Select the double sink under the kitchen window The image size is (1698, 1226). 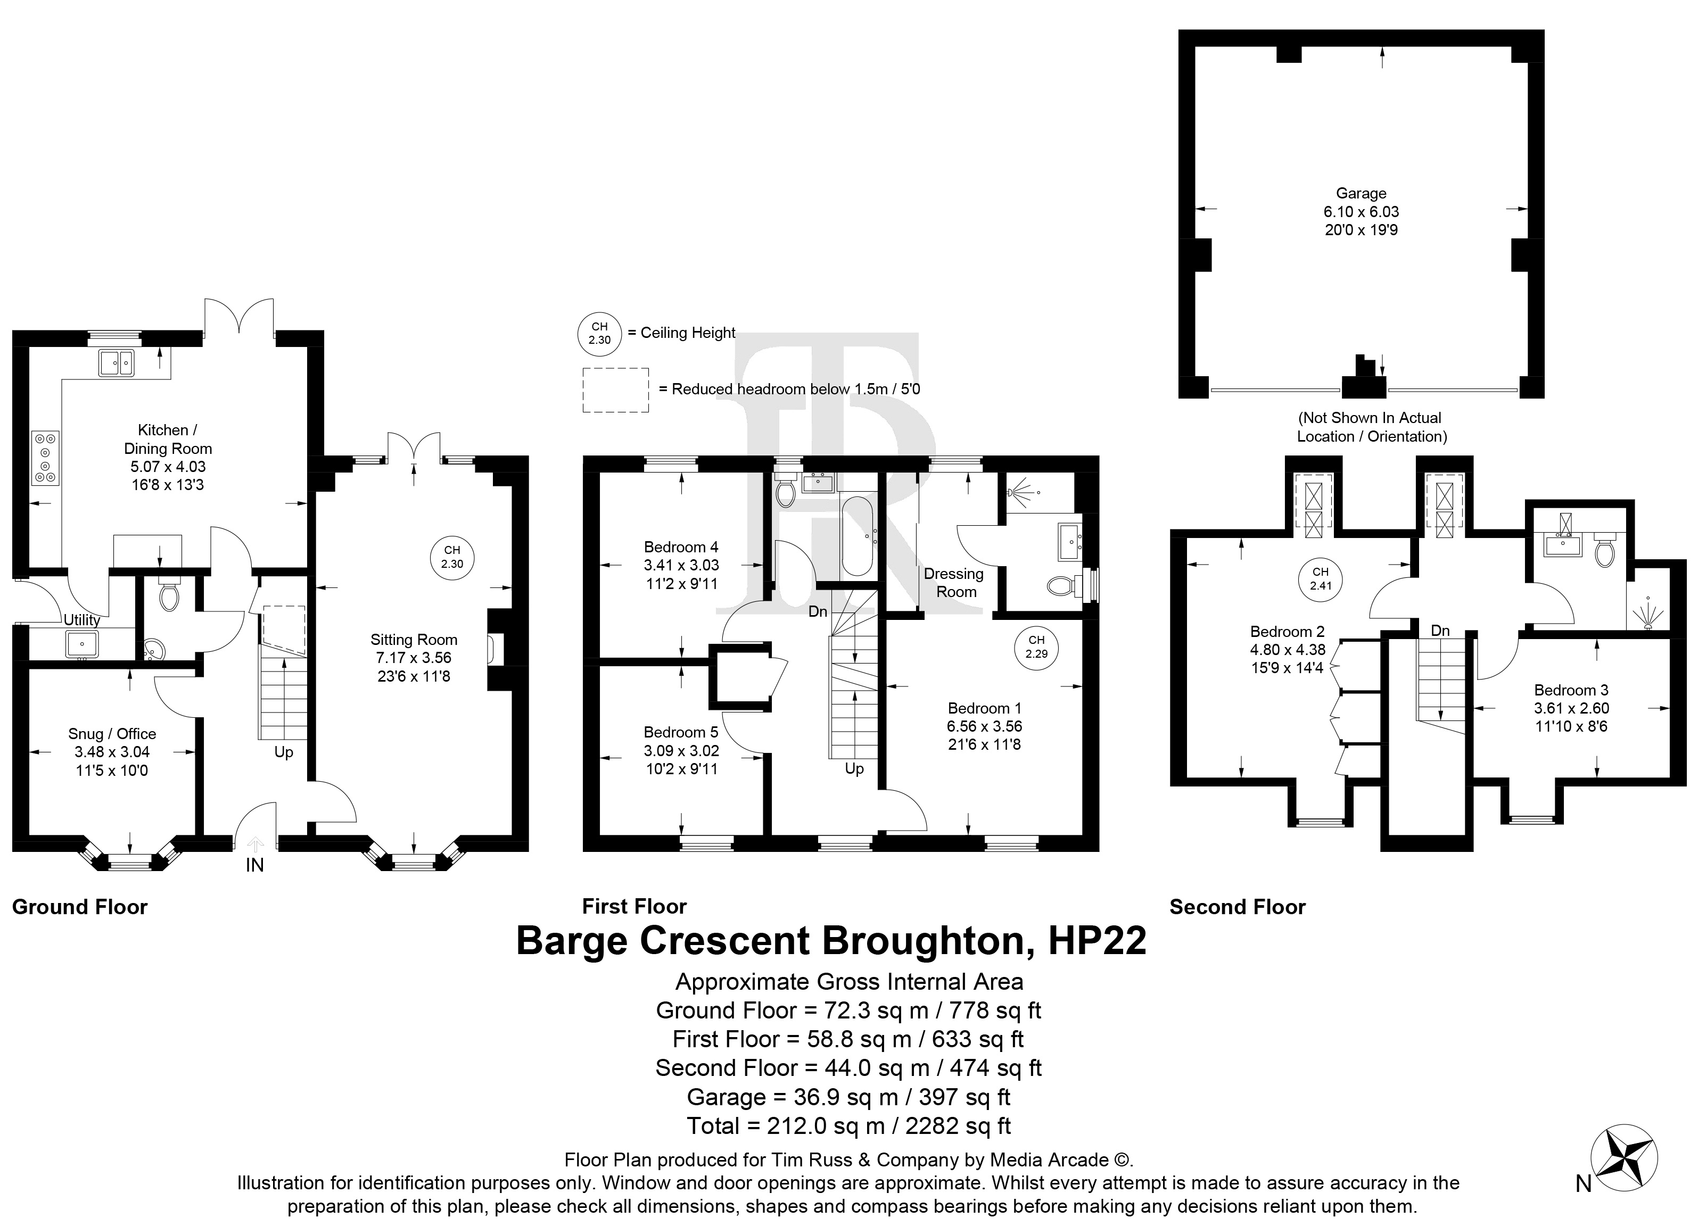coord(116,363)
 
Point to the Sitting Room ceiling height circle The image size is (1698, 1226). coord(452,557)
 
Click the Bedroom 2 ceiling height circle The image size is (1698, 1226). coord(1321,579)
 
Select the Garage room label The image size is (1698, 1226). coord(1361,193)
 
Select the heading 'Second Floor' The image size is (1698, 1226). coord(1238,907)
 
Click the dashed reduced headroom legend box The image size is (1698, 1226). coord(615,390)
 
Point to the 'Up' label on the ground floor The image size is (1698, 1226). coord(284,752)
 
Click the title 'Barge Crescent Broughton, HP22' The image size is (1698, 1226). coord(831,941)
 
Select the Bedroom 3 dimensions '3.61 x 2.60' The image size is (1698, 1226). coord(1571,708)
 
